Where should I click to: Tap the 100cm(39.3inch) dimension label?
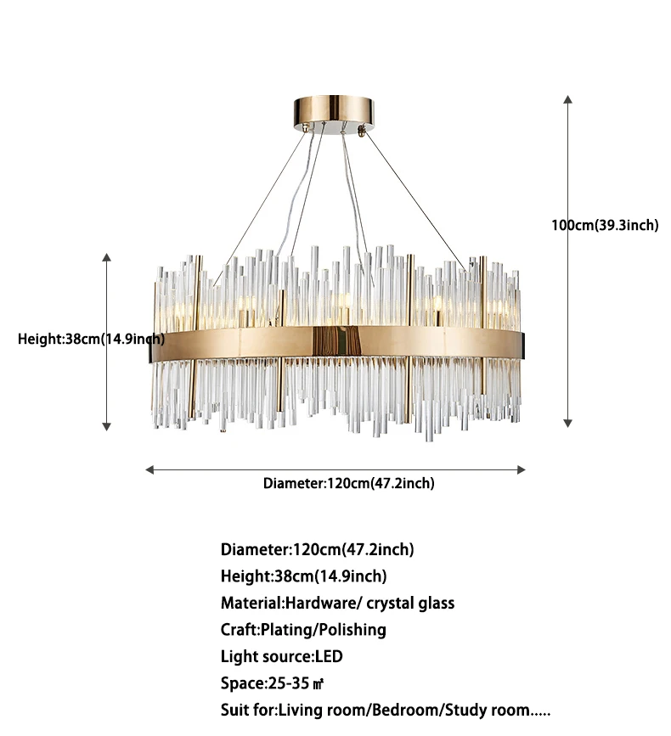click(606, 225)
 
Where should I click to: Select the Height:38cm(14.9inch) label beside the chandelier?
click(92, 339)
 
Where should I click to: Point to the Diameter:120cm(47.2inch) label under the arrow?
click(348, 483)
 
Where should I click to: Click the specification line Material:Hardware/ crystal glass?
click(337, 603)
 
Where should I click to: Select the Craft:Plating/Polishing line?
click(303, 629)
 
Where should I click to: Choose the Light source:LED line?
click(282, 656)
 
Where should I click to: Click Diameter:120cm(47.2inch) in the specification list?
click(318, 549)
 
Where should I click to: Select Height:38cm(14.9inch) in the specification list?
click(303, 576)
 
